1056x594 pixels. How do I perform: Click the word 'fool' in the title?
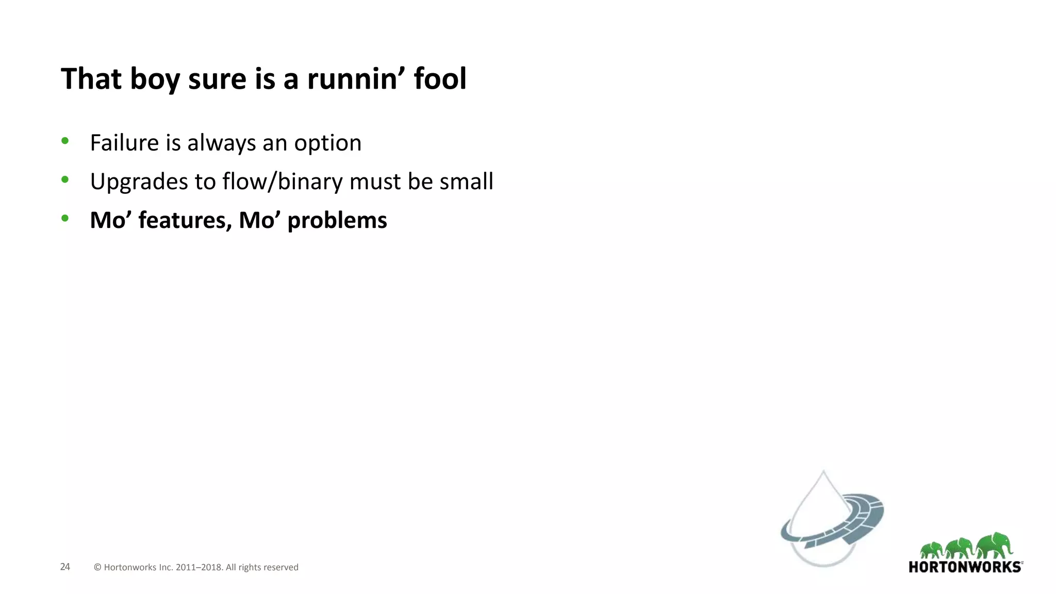440,79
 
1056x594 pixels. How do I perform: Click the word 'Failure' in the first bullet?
124,143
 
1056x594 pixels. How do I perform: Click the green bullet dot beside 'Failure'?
65,141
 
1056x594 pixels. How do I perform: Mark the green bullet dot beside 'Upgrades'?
65,179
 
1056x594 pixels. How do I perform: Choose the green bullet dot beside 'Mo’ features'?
65,218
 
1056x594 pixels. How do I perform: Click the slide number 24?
65,567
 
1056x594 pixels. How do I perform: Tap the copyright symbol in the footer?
97,567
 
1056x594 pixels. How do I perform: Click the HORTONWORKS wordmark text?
965,567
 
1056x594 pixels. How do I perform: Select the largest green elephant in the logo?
996,546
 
